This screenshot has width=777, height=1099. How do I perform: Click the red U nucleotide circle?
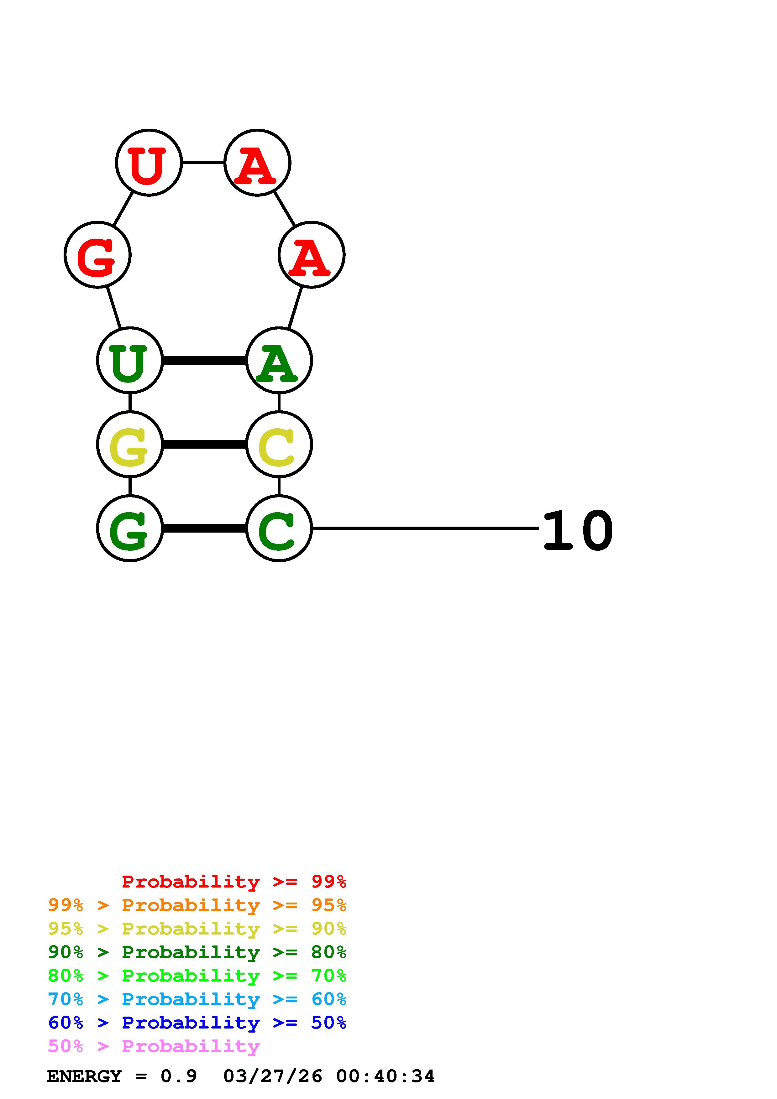coord(149,163)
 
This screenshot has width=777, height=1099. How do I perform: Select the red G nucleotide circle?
coord(98,255)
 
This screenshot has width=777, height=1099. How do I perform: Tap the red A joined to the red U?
coord(258,163)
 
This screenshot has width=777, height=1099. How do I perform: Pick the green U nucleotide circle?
coord(130,360)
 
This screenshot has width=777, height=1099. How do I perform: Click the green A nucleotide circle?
coord(279,360)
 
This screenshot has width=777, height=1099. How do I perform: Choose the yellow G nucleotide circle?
coord(130,444)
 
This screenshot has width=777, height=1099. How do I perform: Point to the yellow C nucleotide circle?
coord(279,444)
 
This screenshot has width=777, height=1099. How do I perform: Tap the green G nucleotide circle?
coord(130,529)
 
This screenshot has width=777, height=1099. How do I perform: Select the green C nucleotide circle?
coord(279,529)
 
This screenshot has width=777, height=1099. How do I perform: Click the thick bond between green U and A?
coord(204,360)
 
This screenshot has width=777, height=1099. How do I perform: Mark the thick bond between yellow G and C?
coord(204,445)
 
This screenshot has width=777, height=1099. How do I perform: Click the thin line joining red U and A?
coord(203,163)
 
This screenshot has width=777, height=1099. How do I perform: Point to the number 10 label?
coord(578,530)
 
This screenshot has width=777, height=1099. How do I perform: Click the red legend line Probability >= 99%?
coord(234,882)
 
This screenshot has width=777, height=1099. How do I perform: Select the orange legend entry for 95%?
coord(197,905)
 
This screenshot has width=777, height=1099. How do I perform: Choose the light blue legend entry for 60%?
coord(197,999)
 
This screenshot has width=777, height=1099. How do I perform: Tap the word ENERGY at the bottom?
coord(84,1076)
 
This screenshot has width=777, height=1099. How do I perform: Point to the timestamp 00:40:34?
coord(386,1076)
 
